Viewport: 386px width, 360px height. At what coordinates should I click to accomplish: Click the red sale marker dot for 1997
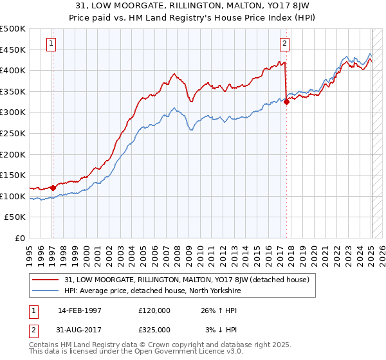tap(53, 188)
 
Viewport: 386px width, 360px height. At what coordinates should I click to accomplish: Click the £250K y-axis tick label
tap(13, 133)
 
